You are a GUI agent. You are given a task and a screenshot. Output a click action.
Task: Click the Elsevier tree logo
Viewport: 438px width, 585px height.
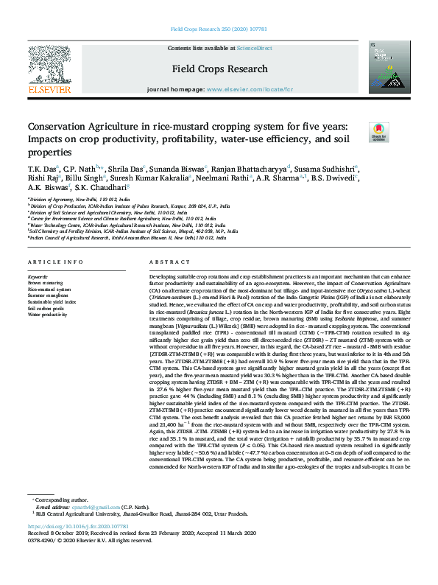tap(49, 70)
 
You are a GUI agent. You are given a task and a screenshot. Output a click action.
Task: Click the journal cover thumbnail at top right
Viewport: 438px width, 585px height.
tap(388, 69)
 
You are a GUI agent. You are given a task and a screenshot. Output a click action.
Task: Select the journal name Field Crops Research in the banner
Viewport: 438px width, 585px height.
tap(220, 69)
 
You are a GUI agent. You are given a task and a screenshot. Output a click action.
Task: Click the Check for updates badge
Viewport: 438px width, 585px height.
tap(379, 132)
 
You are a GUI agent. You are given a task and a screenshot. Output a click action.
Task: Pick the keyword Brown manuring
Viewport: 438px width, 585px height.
tap(46, 282)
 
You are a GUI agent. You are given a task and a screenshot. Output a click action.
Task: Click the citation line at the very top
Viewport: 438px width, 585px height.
tap(219, 29)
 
